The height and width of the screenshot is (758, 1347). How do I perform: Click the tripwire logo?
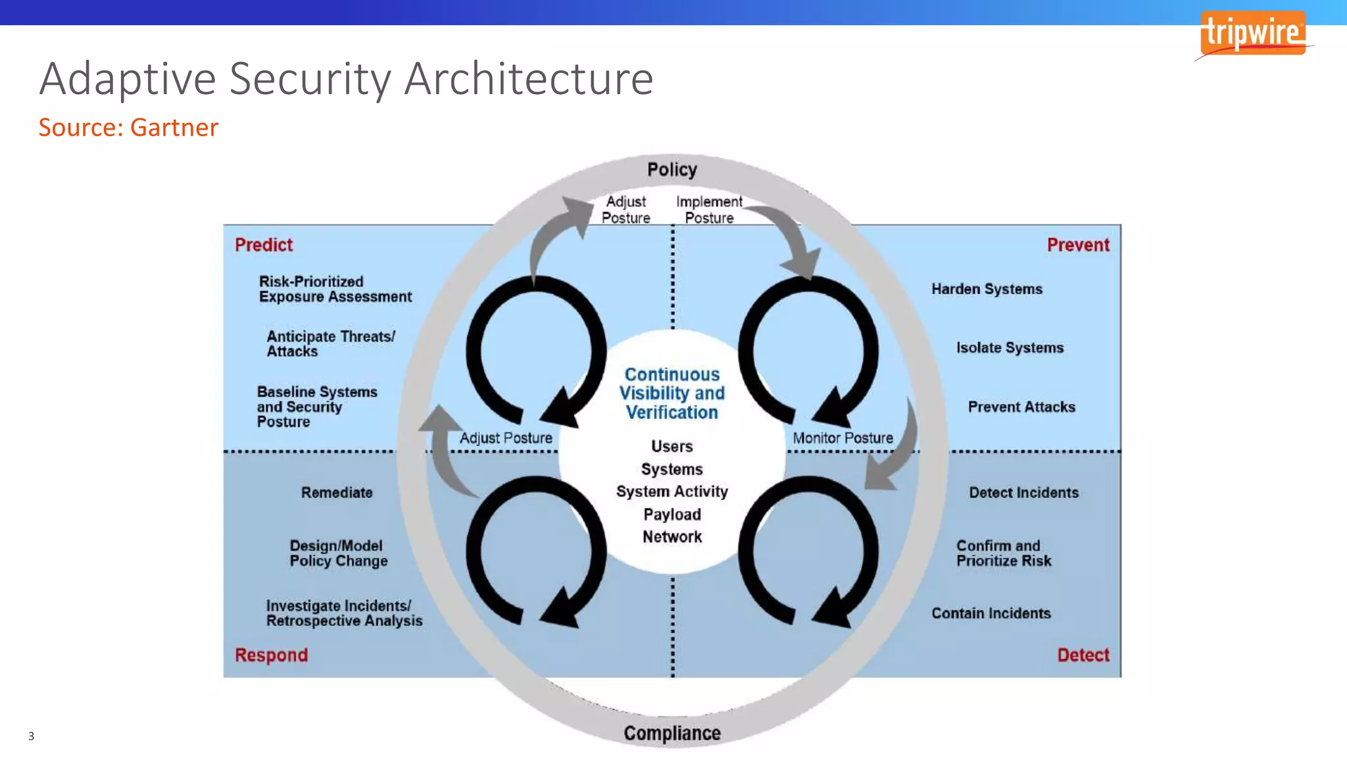coord(1253,33)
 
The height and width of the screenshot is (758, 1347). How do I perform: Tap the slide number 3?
coord(31,736)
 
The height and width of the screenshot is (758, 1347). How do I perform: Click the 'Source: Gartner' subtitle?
coord(128,128)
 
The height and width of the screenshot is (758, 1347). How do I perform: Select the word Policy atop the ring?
coord(672,170)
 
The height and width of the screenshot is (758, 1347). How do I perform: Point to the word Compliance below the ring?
coord(672,733)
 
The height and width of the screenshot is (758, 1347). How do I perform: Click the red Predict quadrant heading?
coord(263,245)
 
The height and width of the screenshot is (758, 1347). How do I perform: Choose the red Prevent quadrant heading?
coord(1077,245)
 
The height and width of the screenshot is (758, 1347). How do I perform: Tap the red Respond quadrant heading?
coord(271,655)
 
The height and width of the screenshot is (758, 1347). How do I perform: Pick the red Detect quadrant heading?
coord(1083,655)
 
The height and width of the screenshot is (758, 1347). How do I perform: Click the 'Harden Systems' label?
coord(987,289)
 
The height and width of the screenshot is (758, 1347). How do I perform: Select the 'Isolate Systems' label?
coord(1010,347)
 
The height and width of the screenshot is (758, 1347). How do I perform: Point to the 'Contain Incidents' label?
coord(991,613)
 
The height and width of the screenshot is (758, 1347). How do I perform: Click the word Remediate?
coord(337,492)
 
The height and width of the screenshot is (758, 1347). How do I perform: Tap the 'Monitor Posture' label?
coord(843,438)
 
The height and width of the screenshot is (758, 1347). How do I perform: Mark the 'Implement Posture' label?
coord(709,210)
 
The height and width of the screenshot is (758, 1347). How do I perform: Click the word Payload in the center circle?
coord(672,515)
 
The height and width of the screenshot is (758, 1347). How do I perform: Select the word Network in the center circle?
coord(672,537)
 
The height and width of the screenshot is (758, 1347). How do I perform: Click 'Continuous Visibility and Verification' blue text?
coord(672,393)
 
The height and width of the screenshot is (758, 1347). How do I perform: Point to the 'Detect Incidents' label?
coord(1023,492)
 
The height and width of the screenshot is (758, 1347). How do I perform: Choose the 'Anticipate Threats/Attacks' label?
coord(330,343)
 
